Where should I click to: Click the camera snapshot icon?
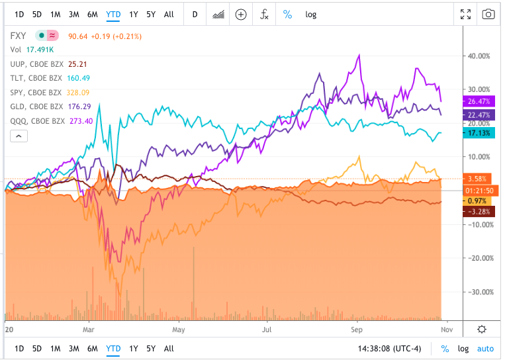coord(488,15)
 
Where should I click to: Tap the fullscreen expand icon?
coord(466,15)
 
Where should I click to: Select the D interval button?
coord(195,15)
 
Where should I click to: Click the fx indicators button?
coord(264,15)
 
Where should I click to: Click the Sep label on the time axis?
coord(357,328)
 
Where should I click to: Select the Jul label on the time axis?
coord(267,328)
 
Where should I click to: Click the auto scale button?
coord(485,349)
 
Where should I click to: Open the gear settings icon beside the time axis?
coord(482,329)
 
